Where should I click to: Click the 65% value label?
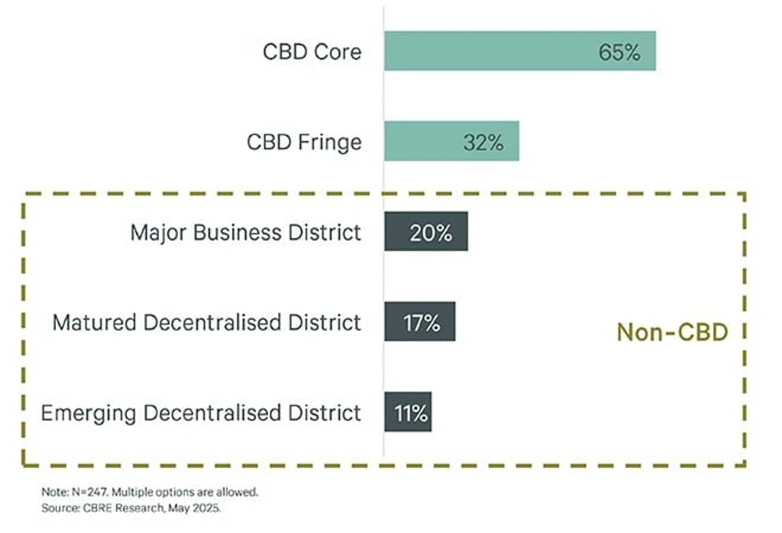click(619, 53)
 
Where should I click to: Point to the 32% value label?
click(483, 142)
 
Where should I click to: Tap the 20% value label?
click(431, 233)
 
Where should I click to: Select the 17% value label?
click(422, 322)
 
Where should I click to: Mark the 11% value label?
click(411, 412)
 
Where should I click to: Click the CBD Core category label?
click(312, 52)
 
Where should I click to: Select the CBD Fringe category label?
click(304, 142)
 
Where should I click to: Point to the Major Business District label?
click(245, 232)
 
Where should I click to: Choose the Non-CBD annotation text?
click(672, 332)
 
